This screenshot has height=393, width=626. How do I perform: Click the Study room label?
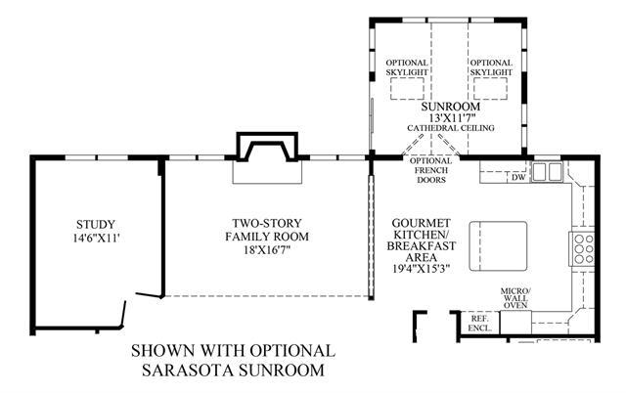point(96,225)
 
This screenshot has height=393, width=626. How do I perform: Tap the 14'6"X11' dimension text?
point(96,239)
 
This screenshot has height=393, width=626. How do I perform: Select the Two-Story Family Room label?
point(267,230)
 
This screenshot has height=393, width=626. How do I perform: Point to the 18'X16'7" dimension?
point(267,250)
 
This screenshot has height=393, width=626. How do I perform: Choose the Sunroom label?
point(451,107)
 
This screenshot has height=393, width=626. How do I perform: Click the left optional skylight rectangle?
point(407,89)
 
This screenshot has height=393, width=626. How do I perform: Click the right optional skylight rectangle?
point(491,89)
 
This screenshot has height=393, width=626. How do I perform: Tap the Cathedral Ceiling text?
point(451,128)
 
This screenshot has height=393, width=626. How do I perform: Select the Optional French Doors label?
point(431,170)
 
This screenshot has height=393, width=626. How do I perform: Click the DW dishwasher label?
point(518,178)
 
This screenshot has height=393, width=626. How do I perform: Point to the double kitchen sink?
point(547,172)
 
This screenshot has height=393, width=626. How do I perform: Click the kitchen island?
point(498,246)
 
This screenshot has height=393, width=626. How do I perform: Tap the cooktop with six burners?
point(583,249)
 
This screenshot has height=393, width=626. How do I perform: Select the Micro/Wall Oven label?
point(515,297)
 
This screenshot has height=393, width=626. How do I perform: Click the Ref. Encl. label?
point(480,324)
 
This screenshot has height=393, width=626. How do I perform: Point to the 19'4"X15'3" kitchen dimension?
point(422,269)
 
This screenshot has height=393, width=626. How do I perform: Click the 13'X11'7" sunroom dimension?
point(451,118)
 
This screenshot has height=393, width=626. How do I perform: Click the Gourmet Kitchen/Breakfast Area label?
point(422,240)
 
